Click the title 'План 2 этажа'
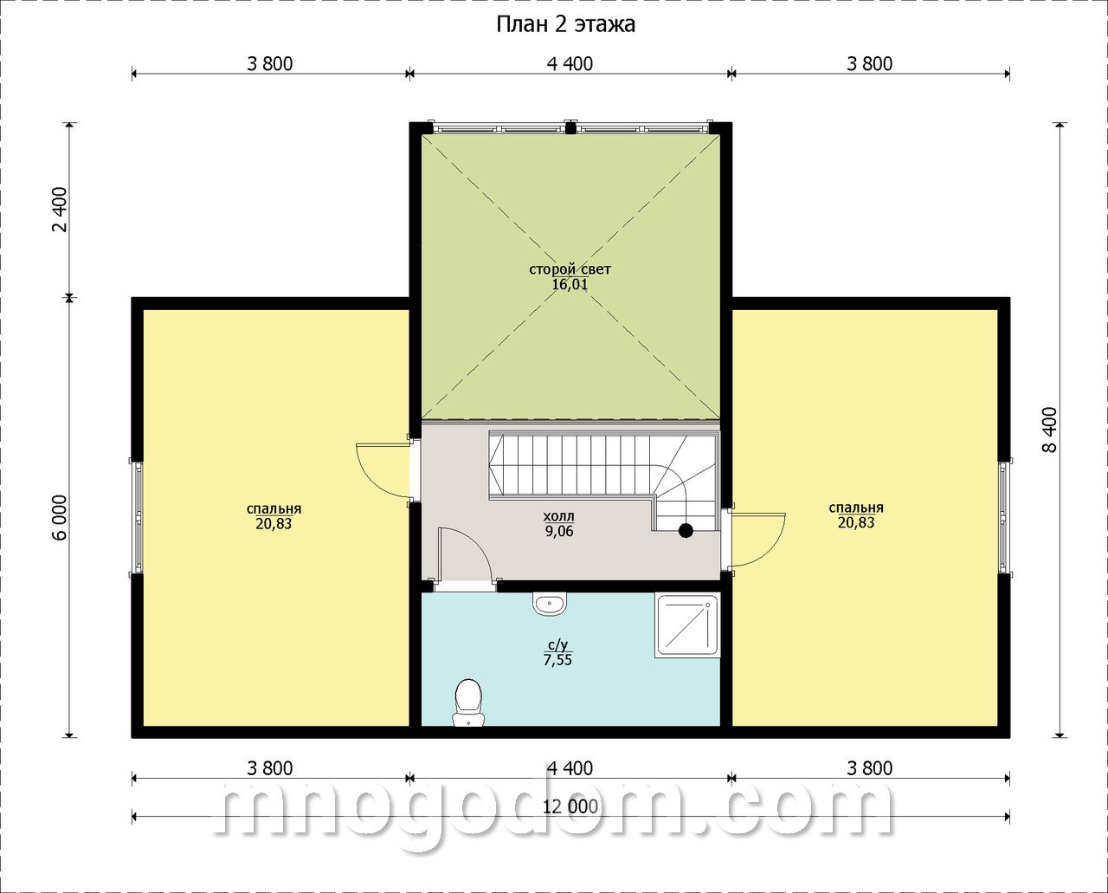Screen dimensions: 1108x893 [x=565, y=24]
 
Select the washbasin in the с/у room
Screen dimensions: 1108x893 [x=550, y=605]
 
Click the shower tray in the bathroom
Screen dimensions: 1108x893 [x=687, y=625]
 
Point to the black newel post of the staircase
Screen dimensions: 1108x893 [x=686, y=531]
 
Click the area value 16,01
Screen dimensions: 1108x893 [x=570, y=284]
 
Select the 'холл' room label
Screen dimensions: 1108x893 [x=558, y=516]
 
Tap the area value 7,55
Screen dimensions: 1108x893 [x=557, y=660]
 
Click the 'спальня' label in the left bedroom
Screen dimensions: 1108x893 [x=274, y=509]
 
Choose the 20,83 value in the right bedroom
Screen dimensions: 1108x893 [x=856, y=522]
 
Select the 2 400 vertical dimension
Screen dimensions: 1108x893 [x=61, y=210]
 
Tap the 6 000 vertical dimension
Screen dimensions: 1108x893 [x=61, y=517]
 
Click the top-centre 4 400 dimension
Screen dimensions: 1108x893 [x=570, y=64]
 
